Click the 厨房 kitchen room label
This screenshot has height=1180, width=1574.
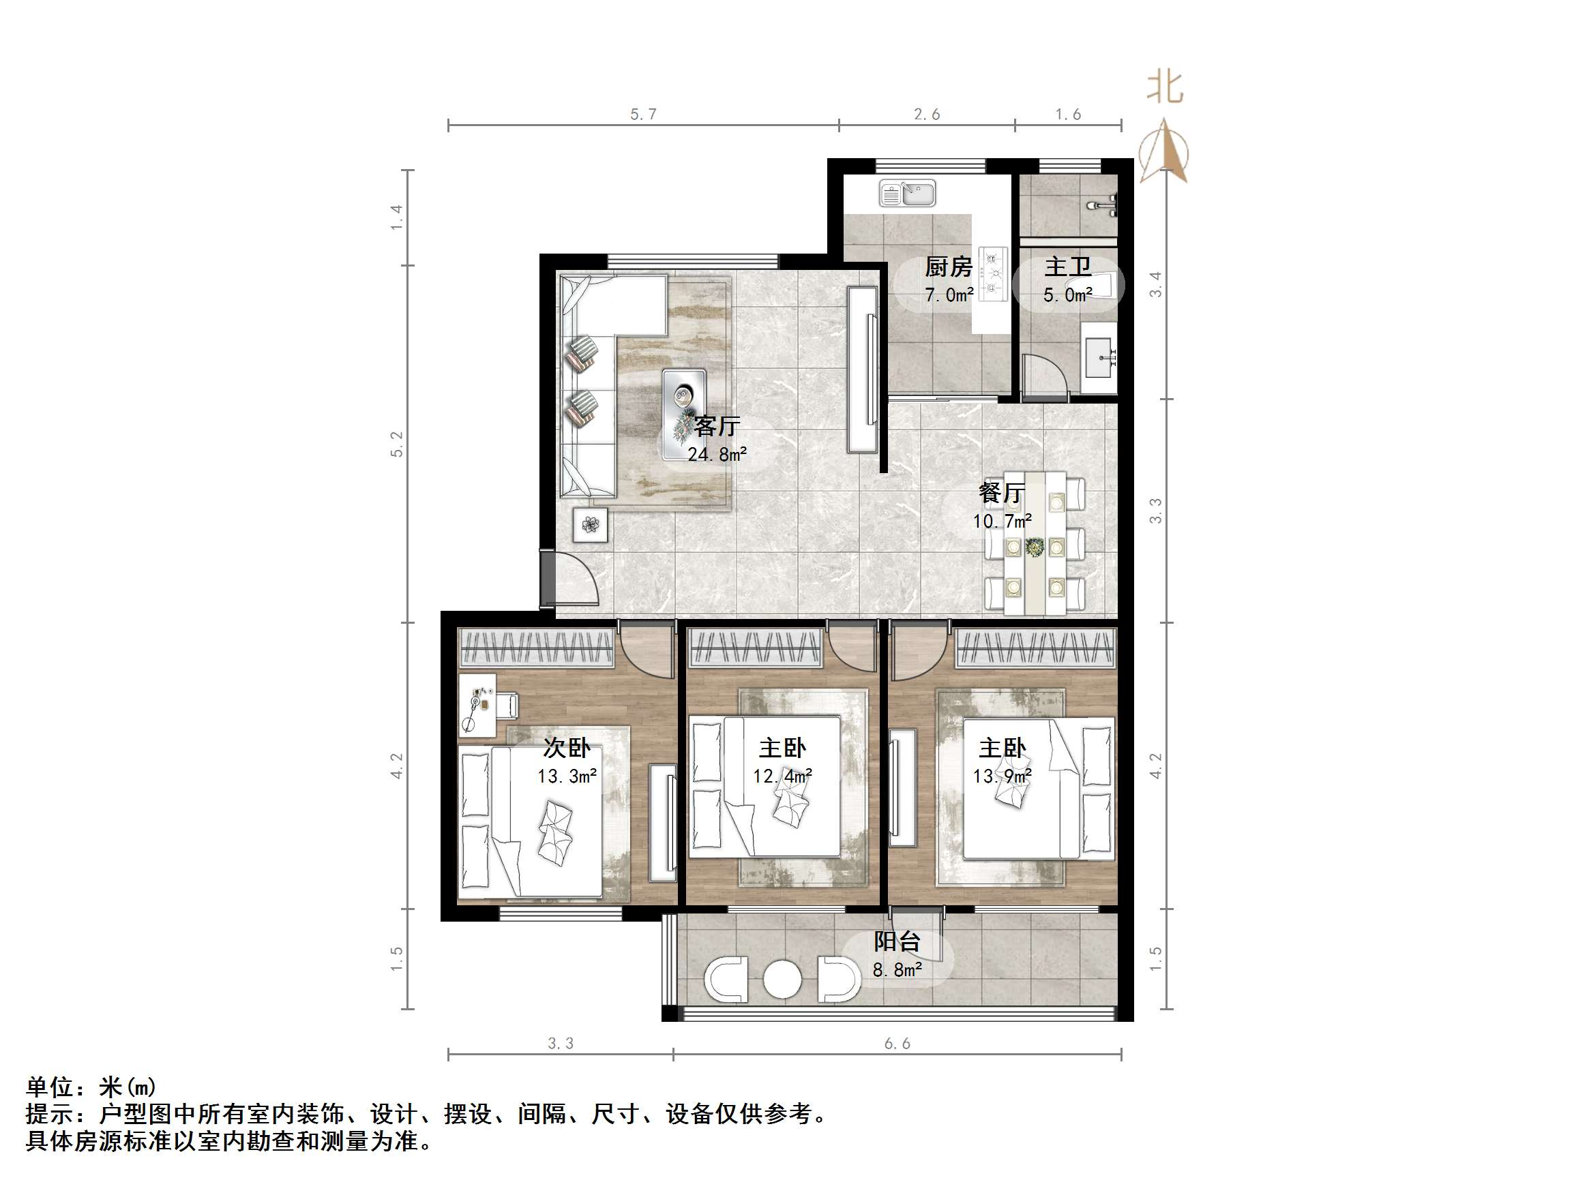[948, 267]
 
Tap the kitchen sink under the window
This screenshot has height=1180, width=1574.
[907, 193]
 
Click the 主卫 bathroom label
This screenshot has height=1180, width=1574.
[1067, 267]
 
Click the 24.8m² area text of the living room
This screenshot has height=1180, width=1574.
[717, 455]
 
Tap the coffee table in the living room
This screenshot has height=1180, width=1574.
[683, 413]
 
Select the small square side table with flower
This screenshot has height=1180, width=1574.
[590, 526]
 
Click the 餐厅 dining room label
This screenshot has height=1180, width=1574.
[1001, 493]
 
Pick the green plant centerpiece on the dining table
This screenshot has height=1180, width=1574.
[1035, 547]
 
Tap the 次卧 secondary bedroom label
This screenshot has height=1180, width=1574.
[567, 748]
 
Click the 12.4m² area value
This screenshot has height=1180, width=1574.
[782, 776]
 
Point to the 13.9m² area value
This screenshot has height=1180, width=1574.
[1002, 776]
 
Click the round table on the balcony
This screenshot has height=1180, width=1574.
[782, 980]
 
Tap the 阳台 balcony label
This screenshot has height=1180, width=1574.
[897, 941]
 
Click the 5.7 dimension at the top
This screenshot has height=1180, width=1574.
[643, 115]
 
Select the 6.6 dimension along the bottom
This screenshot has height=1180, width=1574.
[897, 1044]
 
